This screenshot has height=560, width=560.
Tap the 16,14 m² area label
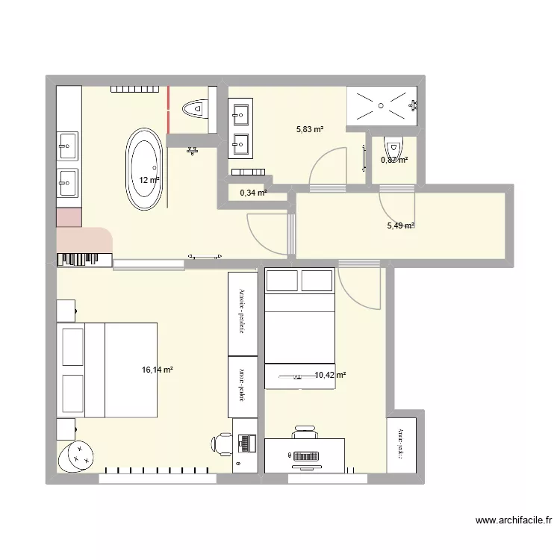tap(157, 369)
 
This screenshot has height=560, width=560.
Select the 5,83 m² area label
tap(310, 129)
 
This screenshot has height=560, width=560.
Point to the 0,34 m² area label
tap(252, 193)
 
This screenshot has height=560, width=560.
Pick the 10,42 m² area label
tap(330, 376)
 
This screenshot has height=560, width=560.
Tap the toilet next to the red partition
tap(196, 109)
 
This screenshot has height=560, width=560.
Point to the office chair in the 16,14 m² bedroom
tap(223, 444)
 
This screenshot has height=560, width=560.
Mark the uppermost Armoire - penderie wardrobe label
tap(242, 313)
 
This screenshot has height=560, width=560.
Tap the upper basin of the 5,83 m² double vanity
tap(242, 114)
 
